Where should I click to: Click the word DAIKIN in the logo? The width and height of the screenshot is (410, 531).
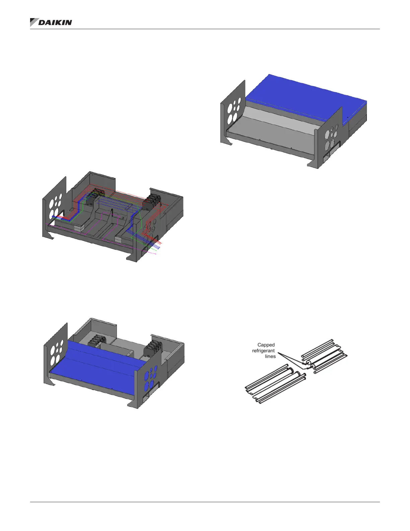pyautogui.click(x=55, y=23)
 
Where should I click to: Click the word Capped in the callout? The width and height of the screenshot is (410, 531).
pyautogui.click(x=266, y=345)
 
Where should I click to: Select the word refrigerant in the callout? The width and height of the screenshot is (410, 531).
pyautogui.click(x=264, y=351)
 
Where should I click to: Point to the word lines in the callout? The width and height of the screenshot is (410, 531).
pyautogui.click(x=270, y=356)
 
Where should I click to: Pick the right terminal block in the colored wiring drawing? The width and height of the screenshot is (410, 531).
pyautogui.click(x=152, y=201)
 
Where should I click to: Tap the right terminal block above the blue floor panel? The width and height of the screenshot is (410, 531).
pyautogui.click(x=153, y=347)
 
